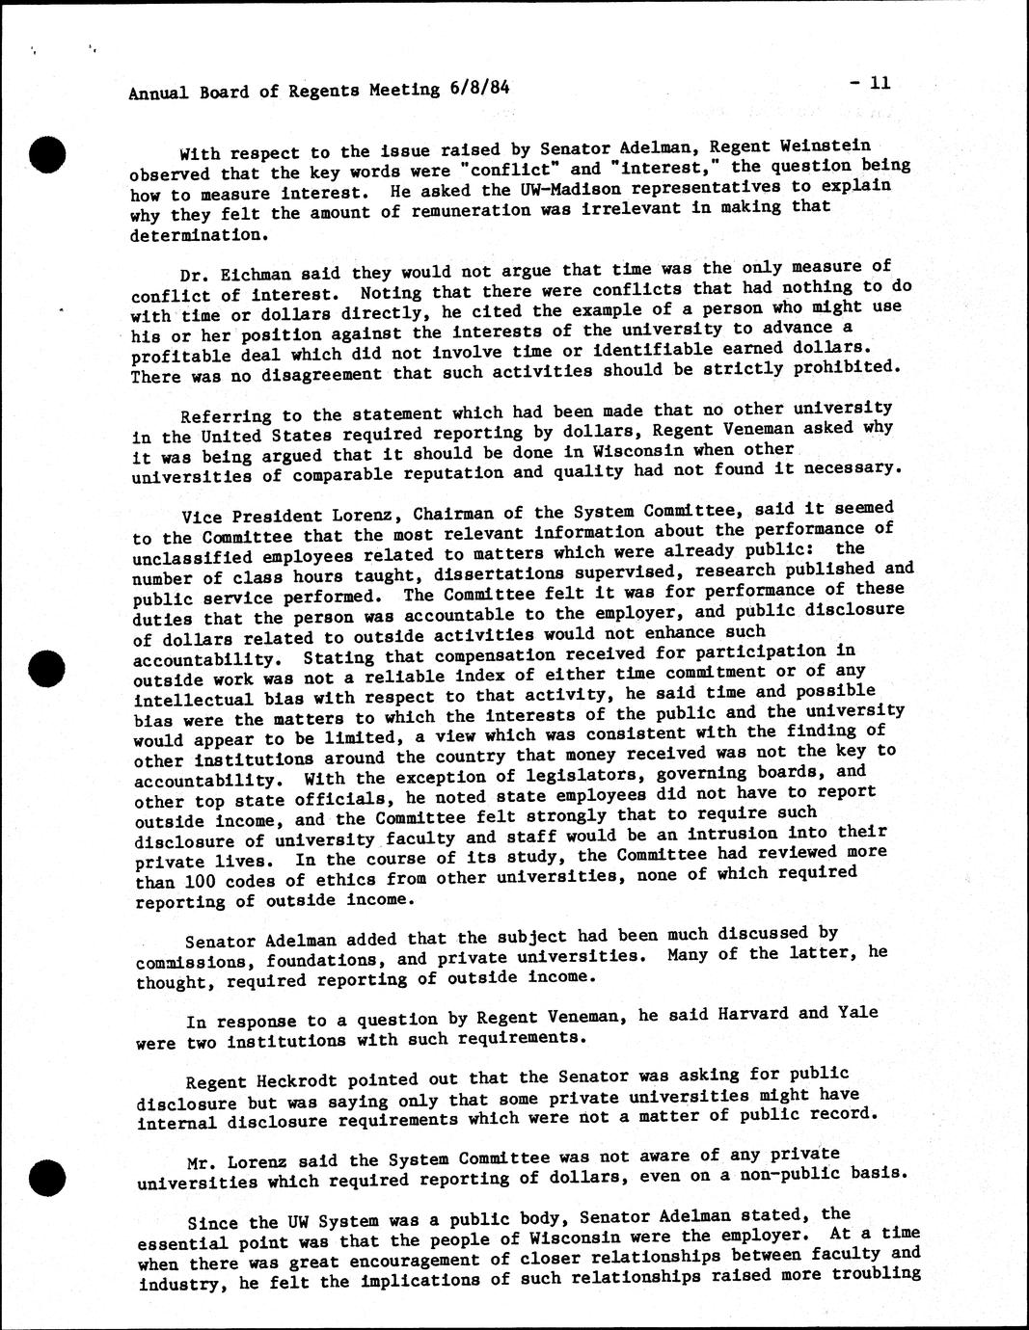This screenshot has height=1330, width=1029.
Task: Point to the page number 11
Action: pyautogui.click(x=879, y=83)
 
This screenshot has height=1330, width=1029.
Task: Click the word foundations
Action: pyautogui.click(x=325, y=960)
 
